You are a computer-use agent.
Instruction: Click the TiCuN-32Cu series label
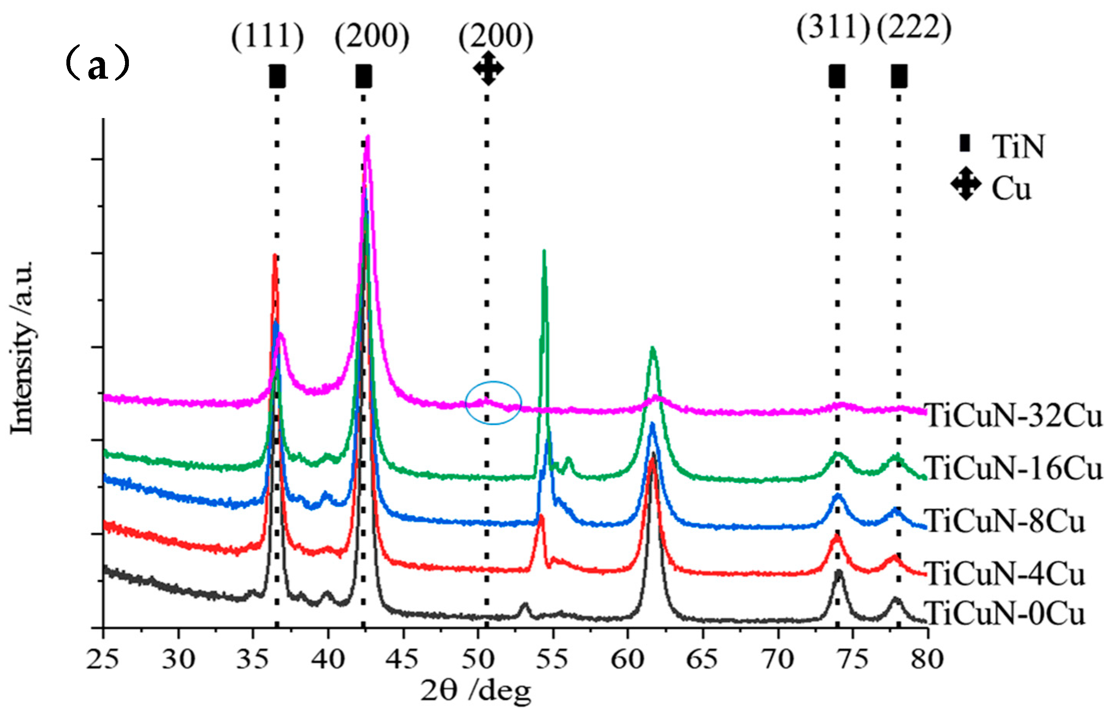pyautogui.click(x=1014, y=415)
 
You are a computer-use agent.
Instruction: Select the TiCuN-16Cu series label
pyautogui.click(x=1014, y=468)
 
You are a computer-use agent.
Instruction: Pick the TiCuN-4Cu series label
pyautogui.click(x=1005, y=574)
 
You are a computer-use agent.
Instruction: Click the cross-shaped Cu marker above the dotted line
pyautogui.click(x=488, y=68)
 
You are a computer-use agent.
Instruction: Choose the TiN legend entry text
pyautogui.click(x=1018, y=147)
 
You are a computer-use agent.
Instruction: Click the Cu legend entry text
pyautogui.click(x=1011, y=189)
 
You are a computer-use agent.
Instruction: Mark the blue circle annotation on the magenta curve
pyautogui.click(x=493, y=403)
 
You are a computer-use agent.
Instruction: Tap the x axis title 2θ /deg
pyautogui.click(x=475, y=690)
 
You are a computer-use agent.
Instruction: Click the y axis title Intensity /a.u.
pyautogui.click(x=22, y=347)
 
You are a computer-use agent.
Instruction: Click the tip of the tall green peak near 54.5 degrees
pyautogui.click(x=543, y=252)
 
